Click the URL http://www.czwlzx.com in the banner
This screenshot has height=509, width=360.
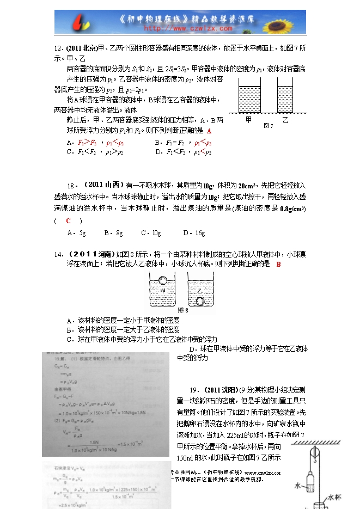tap(180, 28)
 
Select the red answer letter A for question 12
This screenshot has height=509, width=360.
tap(209, 131)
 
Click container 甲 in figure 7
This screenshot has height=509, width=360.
tap(249, 98)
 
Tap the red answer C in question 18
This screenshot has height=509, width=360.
tap(68, 220)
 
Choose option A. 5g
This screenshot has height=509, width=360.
tap(76, 233)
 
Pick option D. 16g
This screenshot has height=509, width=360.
tap(194, 233)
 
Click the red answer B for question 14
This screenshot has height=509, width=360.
tap(278, 264)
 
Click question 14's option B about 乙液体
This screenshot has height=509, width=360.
tap(123, 329)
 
